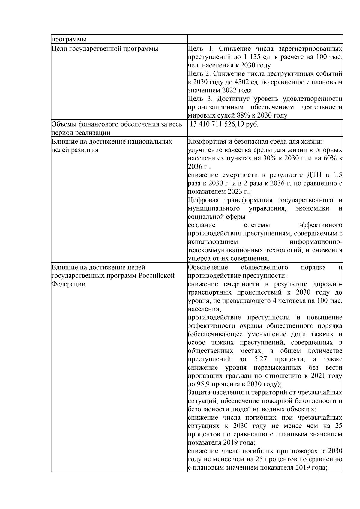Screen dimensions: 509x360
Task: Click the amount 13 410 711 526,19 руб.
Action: (224, 124)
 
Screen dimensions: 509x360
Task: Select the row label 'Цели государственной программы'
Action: (105, 49)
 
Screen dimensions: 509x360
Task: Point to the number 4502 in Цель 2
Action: (237, 82)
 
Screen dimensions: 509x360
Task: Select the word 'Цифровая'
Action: (203, 200)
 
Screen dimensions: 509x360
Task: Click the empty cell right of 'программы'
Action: (265, 39)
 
